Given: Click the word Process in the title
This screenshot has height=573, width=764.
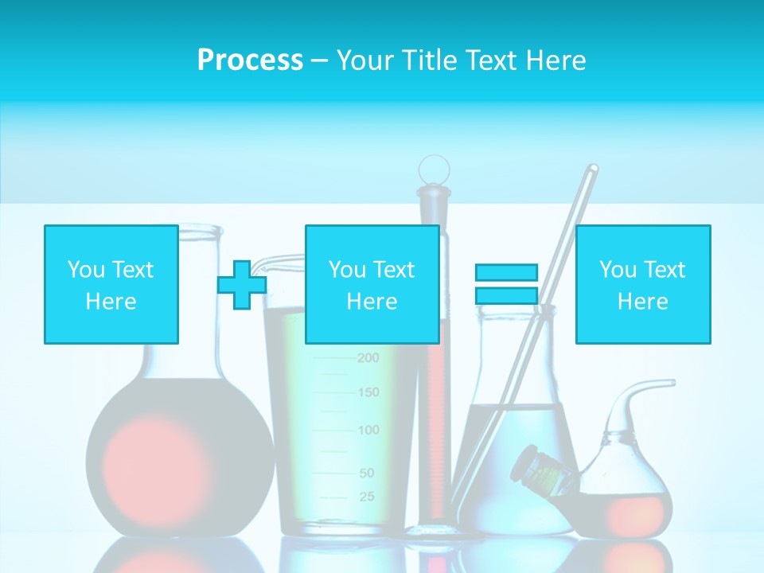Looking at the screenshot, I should click(250, 60).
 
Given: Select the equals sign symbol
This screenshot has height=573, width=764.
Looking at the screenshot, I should click(506, 284).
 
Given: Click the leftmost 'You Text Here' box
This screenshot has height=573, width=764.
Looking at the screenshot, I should click(111, 284).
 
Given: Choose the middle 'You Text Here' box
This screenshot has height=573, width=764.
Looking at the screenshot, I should click(372, 284).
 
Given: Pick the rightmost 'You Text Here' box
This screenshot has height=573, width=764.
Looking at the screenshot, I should click(642, 284).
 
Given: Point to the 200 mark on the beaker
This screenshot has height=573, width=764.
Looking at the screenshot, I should click(368, 358).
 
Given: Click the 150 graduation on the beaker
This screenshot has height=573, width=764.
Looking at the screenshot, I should click(368, 392).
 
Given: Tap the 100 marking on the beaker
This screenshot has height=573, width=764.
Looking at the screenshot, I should click(368, 431).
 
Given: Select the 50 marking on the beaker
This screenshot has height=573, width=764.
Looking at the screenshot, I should click(366, 473).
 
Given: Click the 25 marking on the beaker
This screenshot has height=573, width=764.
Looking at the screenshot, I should click(366, 497).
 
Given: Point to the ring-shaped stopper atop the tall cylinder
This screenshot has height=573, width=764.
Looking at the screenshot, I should click(435, 169).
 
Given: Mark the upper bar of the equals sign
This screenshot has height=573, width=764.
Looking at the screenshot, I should click(506, 272).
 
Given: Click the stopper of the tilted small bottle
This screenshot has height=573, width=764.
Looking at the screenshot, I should click(530, 461).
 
